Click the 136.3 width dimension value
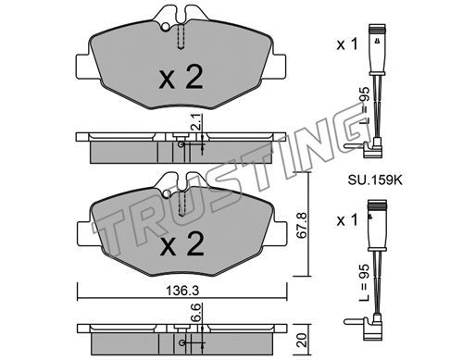tap(182, 291)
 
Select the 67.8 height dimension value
tap(302, 225)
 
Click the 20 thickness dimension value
tap(302, 340)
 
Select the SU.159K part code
tap(375, 180)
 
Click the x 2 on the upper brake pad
tap(181, 78)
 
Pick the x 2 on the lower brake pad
tap(181, 244)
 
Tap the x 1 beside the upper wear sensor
tap(347, 44)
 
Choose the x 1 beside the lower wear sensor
tap(347, 220)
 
